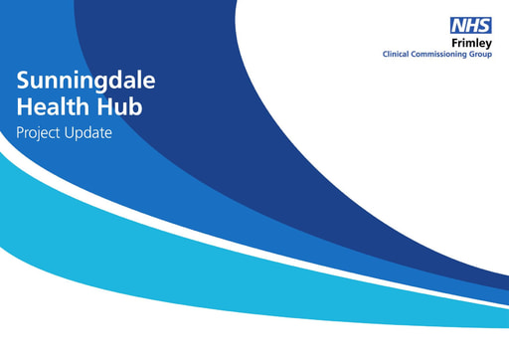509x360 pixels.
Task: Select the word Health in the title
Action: [50, 105]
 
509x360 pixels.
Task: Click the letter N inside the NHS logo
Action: [458, 28]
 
